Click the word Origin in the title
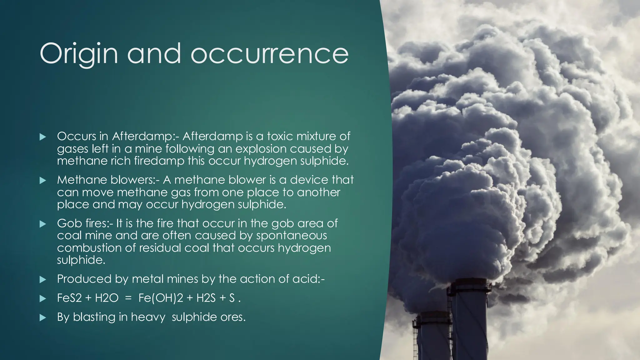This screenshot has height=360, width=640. pyautogui.click(x=79, y=54)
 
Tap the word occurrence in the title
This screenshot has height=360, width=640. pyautogui.click(x=269, y=54)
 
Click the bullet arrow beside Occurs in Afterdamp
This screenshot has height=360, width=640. pyautogui.click(x=43, y=137)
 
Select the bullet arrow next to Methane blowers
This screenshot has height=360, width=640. pyautogui.click(x=43, y=180)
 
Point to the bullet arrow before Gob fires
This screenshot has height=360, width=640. pyautogui.click(x=43, y=224)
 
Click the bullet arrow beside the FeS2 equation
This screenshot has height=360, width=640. pyautogui.click(x=43, y=299)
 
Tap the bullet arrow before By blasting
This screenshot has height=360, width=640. pyautogui.click(x=43, y=318)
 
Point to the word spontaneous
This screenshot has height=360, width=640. pyautogui.click(x=291, y=235)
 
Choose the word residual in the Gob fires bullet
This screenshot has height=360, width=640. pyautogui.click(x=160, y=248)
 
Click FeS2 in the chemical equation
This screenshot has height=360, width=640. pyautogui.click(x=69, y=298)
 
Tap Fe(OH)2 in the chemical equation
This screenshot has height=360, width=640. pyautogui.click(x=161, y=298)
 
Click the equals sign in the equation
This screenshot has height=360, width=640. pyautogui.click(x=128, y=298)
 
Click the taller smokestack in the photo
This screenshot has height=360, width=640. pyautogui.click(x=469, y=322)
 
